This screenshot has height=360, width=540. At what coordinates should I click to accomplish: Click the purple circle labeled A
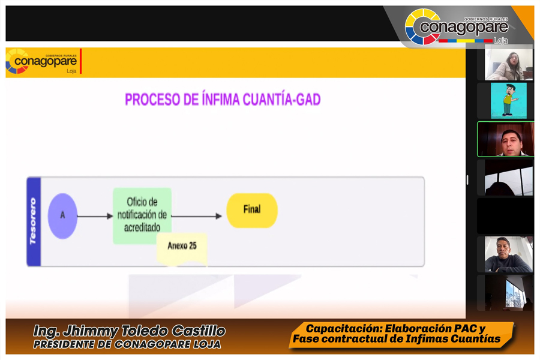point(62,216)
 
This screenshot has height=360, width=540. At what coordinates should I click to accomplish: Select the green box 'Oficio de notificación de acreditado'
point(142,215)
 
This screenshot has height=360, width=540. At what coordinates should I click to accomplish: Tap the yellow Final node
point(252,210)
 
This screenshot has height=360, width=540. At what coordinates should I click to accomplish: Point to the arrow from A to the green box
point(95,217)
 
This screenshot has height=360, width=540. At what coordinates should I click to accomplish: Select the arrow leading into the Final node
point(196,217)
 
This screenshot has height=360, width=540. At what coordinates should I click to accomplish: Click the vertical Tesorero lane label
point(34,221)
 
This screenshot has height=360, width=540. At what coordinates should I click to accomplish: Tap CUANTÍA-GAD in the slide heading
point(282,100)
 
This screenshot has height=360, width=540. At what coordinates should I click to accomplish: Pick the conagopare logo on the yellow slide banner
point(41,62)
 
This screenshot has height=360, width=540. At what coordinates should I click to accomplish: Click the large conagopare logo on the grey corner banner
point(457,27)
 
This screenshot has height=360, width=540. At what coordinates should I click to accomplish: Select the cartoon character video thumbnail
point(508,101)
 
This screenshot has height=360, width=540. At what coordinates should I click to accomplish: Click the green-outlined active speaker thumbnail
point(505,139)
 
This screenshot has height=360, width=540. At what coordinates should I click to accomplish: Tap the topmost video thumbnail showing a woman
point(509,64)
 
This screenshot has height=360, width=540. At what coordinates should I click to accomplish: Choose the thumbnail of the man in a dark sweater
point(509,254)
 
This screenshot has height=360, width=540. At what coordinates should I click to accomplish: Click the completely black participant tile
point(505,216)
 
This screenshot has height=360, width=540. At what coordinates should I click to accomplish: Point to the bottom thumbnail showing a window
point(509,293)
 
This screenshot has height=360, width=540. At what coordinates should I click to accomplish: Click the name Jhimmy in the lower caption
point(91,331)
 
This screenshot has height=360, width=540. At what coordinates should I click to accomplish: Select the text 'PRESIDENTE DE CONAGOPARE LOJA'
point(127,344)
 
